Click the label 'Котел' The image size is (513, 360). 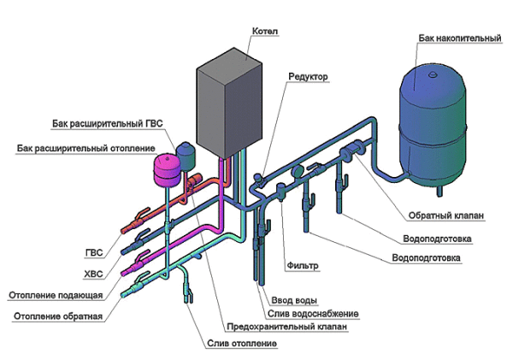[x=266, y=32]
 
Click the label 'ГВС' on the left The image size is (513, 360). [x=94, y=254]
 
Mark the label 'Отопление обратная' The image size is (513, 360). [x=58, y=316]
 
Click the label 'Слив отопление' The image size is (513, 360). [x=241, y=343]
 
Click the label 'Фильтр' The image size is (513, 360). [x=303, y=266]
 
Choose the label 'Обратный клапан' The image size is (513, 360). [x=433, y=214]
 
